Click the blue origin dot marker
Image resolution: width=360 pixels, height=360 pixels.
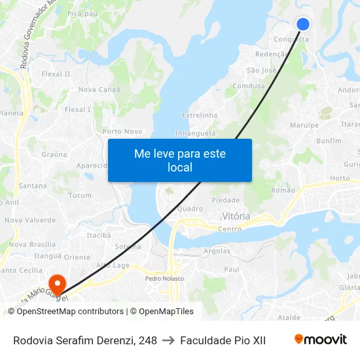tap(303, 24)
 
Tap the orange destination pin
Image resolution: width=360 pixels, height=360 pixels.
tap(57, 283)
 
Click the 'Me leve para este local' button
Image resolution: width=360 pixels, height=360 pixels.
tap(180, 160)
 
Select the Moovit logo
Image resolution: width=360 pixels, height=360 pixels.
tap(321, 340)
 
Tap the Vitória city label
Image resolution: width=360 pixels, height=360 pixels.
tap(236, 216)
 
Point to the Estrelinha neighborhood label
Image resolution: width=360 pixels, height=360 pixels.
tap(200, 115)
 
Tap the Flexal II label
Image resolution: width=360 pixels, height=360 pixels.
tap(56, 74)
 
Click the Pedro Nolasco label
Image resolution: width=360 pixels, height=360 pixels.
tap(164, 278)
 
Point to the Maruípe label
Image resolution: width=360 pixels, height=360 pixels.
tap(304, 125)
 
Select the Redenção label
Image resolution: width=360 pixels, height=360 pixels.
tap(272, 54)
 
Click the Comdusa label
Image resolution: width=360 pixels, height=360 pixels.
tap(249, 86)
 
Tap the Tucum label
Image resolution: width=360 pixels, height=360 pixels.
tap(80, 196)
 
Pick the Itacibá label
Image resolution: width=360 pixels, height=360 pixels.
tap(98, 234)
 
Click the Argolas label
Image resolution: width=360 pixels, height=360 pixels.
tap(217, 251)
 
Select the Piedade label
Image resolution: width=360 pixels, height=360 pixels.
tap(226, 200)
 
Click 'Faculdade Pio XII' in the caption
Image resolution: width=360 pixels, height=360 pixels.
tap(223, 340)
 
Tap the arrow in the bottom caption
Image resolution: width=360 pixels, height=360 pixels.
tap(168, 340)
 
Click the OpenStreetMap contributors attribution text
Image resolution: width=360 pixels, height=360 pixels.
tap(70, 312)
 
